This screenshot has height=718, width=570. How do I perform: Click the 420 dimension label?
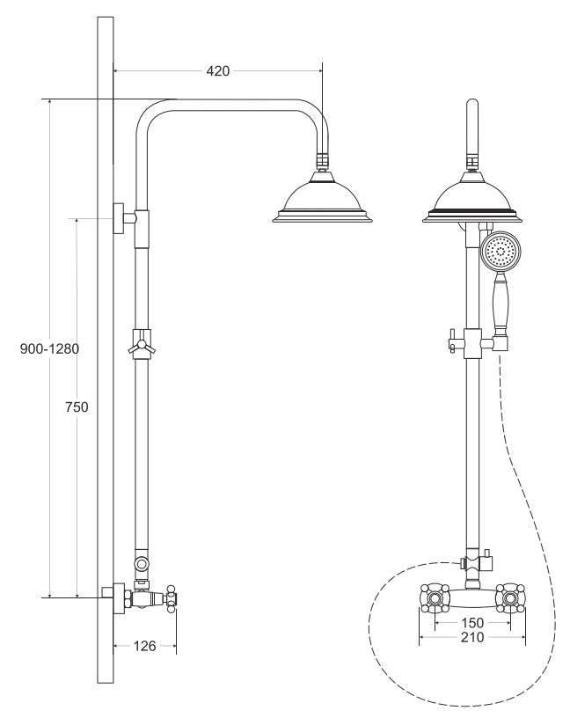(x=218, y=71)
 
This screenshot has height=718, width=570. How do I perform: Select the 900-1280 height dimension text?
(x=49, y=349)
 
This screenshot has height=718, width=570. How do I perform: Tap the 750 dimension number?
(x=77, y=407)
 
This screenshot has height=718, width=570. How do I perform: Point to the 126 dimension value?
(x=144, y=646)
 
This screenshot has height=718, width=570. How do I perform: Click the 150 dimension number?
(x=472, y=623)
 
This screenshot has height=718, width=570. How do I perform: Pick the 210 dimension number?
(x=472, y=637)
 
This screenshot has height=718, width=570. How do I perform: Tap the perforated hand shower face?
(x=501, y=252)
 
